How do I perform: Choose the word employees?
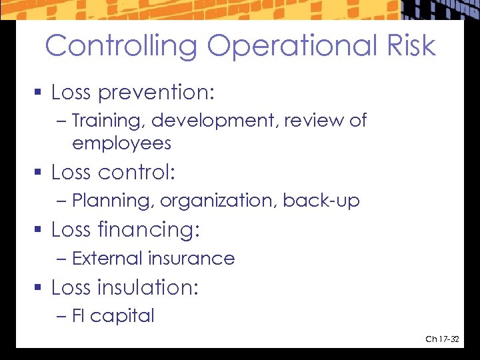tap(121, 143)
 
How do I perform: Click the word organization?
tap(218, 201)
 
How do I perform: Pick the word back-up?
tap(321, 201)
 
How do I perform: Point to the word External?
tap(107, 259)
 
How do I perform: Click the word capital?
tap(122, 316)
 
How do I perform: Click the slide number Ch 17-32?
tap(442, 340)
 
